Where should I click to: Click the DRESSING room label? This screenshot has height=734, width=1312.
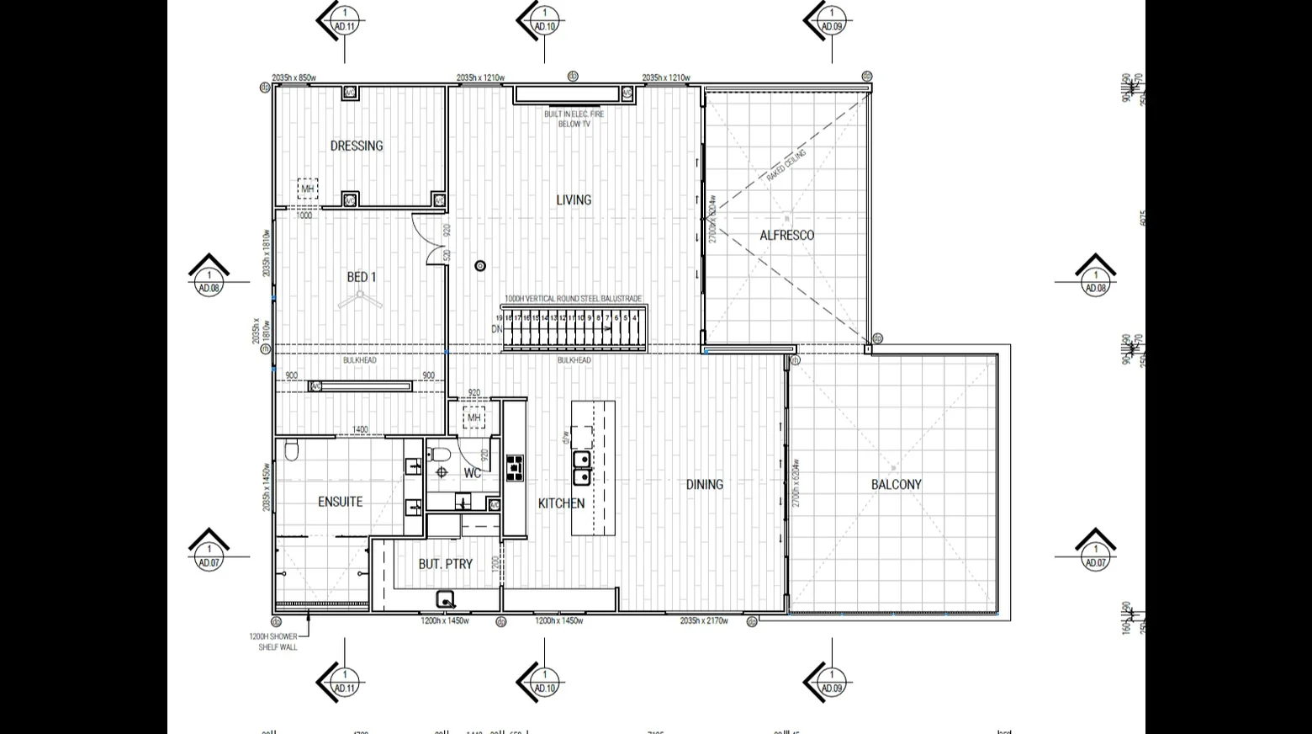356,146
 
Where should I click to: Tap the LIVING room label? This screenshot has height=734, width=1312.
574,199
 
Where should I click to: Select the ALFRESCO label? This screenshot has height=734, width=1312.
786,236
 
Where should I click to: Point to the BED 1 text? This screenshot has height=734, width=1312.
362,277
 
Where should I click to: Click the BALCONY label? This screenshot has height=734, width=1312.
896,485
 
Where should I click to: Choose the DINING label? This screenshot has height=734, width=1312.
704,484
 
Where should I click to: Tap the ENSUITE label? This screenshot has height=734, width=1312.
340,502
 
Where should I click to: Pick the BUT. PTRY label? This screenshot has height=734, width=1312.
445,564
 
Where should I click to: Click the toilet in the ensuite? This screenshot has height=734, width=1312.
291,452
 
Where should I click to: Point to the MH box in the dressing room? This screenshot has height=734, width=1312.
308,189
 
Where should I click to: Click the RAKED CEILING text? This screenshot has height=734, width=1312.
786,166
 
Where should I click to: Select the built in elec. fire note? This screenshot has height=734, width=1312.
574,119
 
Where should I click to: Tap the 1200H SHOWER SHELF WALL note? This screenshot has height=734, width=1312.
272,641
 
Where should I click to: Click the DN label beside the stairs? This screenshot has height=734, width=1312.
497,329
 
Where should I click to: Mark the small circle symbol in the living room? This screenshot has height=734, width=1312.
480,266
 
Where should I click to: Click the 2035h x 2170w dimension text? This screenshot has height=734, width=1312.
704,621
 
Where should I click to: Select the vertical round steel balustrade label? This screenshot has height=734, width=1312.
573,299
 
